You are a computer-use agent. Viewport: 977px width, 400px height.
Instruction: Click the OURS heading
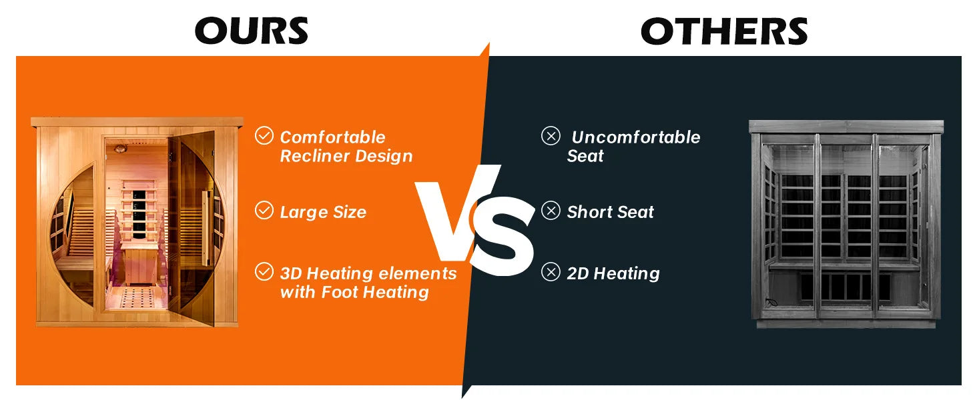click(x=252, y=31)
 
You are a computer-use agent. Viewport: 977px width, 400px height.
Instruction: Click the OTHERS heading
click(x=725, y=31)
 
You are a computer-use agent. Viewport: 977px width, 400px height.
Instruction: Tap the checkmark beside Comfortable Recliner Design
click(x=264, y=135)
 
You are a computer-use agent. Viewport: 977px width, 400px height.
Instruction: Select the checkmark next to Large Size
click(x=264, y=210)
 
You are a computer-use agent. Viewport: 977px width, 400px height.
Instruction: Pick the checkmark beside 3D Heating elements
click(x=264, y=271)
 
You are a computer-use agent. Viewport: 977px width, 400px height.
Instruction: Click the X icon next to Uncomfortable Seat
click(x=551, y=135)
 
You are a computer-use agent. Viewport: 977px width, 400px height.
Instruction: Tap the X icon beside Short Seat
click(x=551, y=211)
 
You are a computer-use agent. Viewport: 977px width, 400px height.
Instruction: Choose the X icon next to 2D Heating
click(x=551, y=272)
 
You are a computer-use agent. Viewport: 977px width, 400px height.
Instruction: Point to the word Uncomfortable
click(x=636, y=137)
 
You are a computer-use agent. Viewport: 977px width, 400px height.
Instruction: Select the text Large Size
click(x=323, y=212)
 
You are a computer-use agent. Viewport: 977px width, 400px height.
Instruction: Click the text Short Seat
click(x=610, y=212)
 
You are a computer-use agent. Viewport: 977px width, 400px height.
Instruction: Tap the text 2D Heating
click(x=613, y=273)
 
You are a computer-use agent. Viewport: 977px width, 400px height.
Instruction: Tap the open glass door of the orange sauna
click(x=193, y=227)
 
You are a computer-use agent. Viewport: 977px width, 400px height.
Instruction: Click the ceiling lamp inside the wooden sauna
click(x=119, y=149)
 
